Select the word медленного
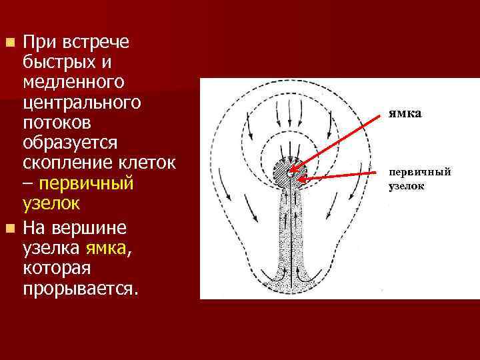74,83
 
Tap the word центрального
81,103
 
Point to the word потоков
57,124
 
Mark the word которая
57,269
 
